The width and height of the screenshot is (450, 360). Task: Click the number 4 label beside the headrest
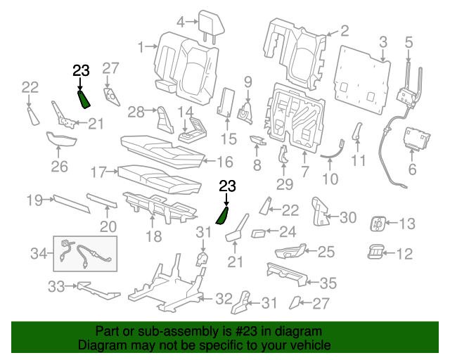181,22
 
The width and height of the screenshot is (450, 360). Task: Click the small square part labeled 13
378,225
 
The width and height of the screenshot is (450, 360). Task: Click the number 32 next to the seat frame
223,299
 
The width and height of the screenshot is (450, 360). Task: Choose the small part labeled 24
258,233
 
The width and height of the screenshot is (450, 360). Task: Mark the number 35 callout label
328,283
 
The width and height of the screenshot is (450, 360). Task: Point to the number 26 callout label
59,167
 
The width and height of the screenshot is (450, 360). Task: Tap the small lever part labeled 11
356,131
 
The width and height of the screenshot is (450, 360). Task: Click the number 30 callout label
349,217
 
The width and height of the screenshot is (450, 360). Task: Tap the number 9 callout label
247,82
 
